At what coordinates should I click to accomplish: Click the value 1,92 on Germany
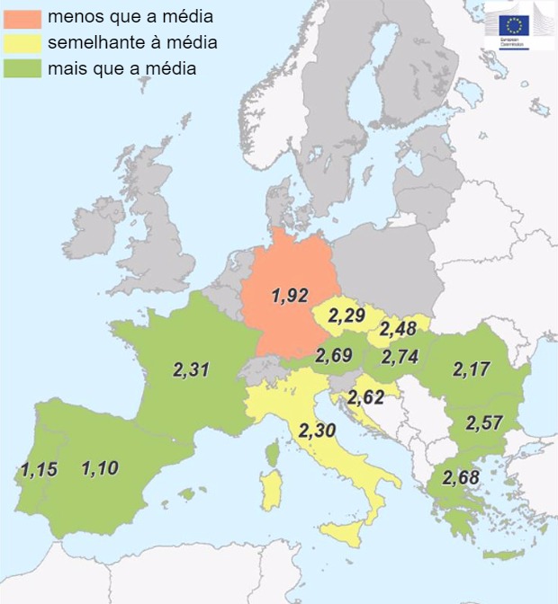[290, 296]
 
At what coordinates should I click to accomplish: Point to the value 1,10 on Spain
[100, 468]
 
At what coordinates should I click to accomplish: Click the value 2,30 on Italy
[317, 431]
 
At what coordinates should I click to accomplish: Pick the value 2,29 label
[346, 316]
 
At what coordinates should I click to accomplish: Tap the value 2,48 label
[398, 330]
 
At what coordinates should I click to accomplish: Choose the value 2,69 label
[333, 356]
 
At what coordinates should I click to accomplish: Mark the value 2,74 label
[400, 358]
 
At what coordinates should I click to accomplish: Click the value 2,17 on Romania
[471, 369]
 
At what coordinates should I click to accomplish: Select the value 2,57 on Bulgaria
[484, 423]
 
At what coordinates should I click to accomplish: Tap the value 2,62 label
[367, 396]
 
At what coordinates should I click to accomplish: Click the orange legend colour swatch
[22, 16]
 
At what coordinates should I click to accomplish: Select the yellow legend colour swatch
[22, 42]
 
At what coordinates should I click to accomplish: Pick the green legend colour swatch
[22, 68]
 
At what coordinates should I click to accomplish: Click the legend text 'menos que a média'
[130, 16]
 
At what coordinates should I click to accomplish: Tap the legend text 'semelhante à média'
[132, 42]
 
